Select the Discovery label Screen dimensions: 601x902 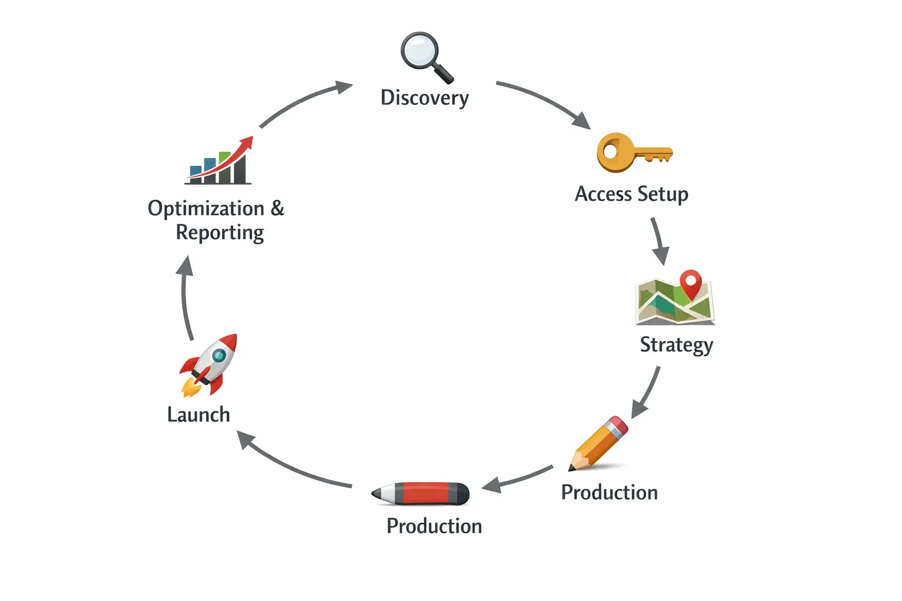pyautogui.click(x=425, y=97)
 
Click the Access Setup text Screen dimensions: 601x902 pyautogui.click(x=631, y=194)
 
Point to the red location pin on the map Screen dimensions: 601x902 pyautogui.click(x=691, y=282)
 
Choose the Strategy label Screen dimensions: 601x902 pyautogui.click(x=676, y=345)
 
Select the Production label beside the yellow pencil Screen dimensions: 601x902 pyautogui.click(x=610, y=492)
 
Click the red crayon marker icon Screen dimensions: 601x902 pyautogui.click(x=422, y=494)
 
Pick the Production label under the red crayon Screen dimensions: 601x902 pyautogui.click(x=434, y=526)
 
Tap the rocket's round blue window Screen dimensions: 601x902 pyautogui.click(x=218, y=355)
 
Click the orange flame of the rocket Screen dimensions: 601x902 pyautogui.click(x=189, y=387)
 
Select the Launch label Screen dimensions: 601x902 pyautogui.click(x=198, y=415)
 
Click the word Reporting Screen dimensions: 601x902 pyautogui.click(x=220, y=233)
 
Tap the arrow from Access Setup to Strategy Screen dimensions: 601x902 pyautogui.click(x=658, y=241)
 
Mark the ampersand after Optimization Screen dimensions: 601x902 pyautogui.click(x=277, y=208)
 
